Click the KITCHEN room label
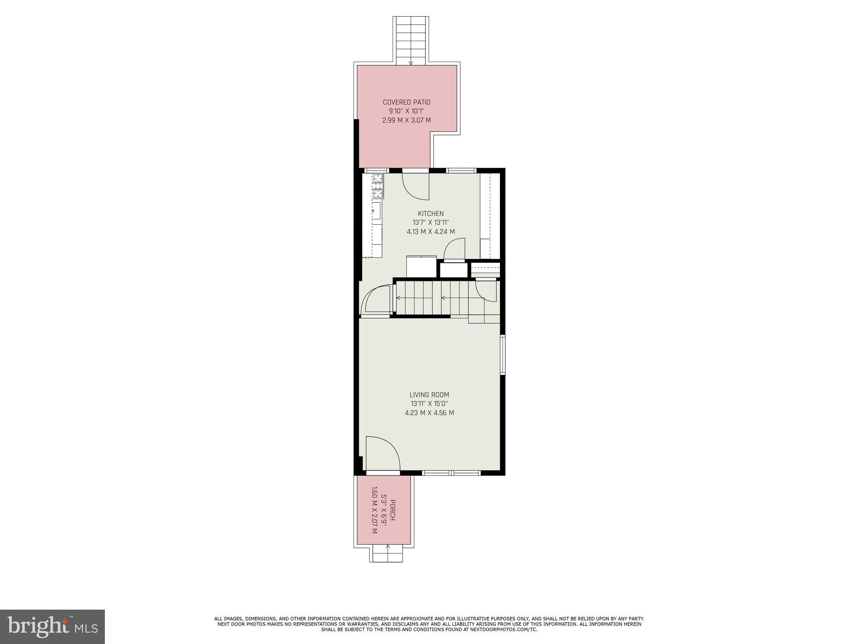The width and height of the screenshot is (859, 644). click(430, 214)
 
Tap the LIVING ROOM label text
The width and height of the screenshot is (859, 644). click(429, 395)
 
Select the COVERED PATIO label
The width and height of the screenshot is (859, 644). click(406, 102)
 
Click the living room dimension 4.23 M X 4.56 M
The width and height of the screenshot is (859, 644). click(429, 413)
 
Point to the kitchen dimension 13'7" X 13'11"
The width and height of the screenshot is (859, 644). click(430, 223)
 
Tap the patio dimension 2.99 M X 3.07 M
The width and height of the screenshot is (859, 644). click(406, 120)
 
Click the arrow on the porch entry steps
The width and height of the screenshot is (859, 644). click(387, 546)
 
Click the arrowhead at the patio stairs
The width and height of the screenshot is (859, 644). click(411, 63)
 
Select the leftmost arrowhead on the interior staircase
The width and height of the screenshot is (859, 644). click(398, 298)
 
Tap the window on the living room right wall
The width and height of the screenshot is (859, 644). click(503, 354)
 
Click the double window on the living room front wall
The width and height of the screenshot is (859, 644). click(451, 473)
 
